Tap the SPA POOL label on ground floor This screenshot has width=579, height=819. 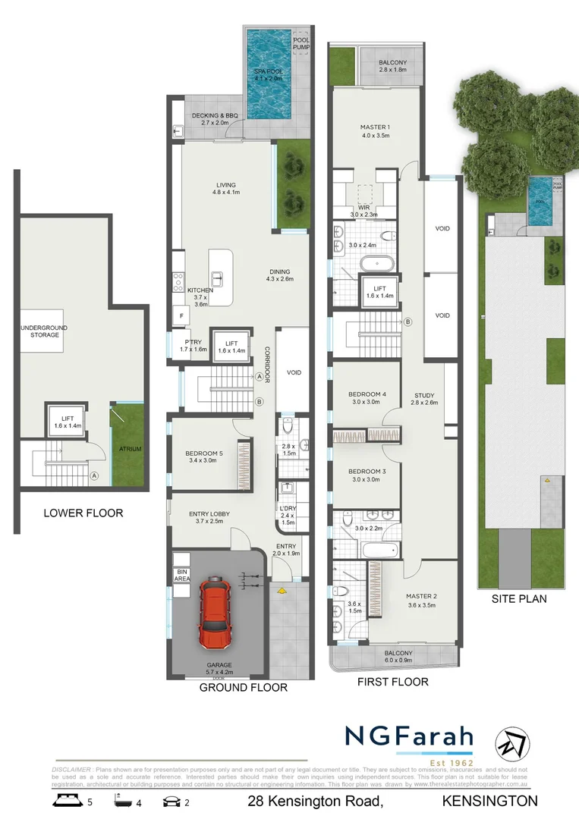(268, 74)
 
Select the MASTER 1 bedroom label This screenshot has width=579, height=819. (376, 127)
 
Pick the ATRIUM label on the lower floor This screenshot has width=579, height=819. (130, 448)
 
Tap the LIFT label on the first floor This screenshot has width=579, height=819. (380, 289)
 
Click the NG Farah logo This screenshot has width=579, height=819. (410, 738)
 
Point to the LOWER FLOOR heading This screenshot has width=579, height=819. (83, 513)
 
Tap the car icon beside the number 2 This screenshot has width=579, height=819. (171, 801)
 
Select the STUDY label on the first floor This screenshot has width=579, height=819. (425, 394)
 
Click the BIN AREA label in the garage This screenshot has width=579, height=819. (181, 575)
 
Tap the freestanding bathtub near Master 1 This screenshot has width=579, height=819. (377, 265)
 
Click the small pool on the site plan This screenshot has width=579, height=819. (540, 212)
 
